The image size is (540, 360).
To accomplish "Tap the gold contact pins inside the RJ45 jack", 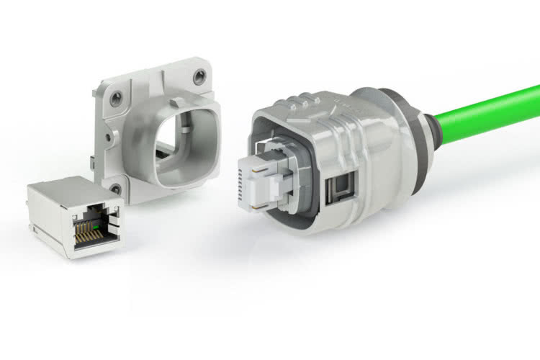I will coord(85,228).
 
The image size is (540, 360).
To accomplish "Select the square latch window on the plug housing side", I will coord(336,192).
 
